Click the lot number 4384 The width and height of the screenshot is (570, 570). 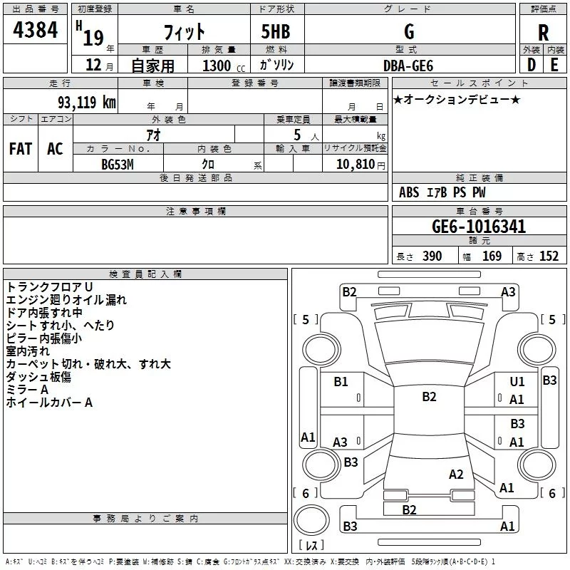(35, 30)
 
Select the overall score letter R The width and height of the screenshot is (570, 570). (544, 33)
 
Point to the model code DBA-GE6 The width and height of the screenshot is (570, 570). (409, 65)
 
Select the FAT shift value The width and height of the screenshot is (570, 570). (21, 149)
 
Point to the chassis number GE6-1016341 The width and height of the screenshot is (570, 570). (479, 227)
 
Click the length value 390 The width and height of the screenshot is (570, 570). (432, 256)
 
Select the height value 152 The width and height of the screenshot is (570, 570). (549, 256)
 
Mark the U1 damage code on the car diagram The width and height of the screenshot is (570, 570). (517, 382)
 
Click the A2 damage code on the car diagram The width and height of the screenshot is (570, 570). (456, 474)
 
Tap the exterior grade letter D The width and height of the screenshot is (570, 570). (531, 65)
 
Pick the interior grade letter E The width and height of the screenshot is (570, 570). (554, 65)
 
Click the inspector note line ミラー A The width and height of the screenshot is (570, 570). (27, 390)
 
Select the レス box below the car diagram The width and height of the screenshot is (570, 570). (311, 546)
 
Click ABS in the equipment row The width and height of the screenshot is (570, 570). (409, 192)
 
